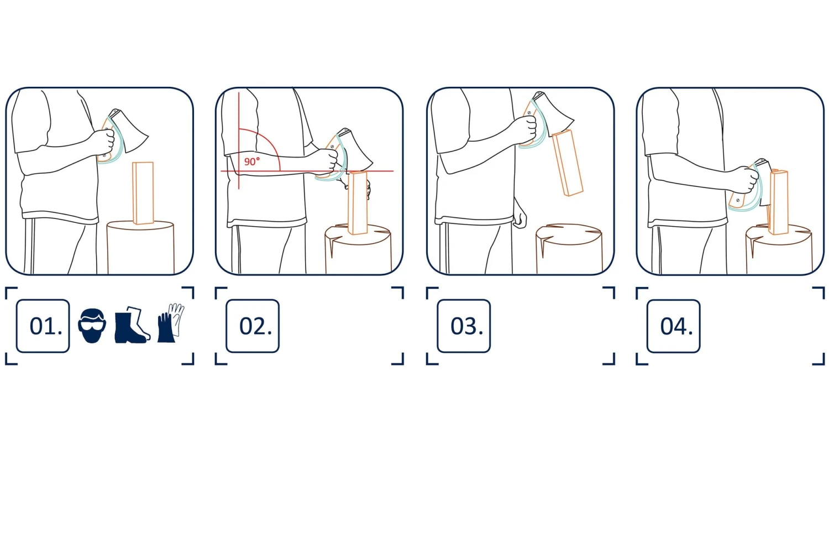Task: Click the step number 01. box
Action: click(x=43, y=326)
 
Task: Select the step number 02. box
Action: click(x=253, y=326)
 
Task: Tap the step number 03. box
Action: click(x=464, y=326)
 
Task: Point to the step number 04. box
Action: click(x=674, y=326)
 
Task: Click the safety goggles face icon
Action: click(x=92, y=326)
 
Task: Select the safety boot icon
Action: click(x=132, y=325)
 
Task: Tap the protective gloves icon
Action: click(x=171, y=323)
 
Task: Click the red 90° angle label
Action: click(x=252, y=161)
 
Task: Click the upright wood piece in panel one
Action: click(x=143, y=193)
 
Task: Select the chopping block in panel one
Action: click(x=140, y=247)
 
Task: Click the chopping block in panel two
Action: click(x=358, y=249)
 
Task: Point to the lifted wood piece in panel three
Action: click(x=568, y=163)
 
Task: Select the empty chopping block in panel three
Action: click(x=569, y=248)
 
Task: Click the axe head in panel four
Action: click(x=764, y=181)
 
